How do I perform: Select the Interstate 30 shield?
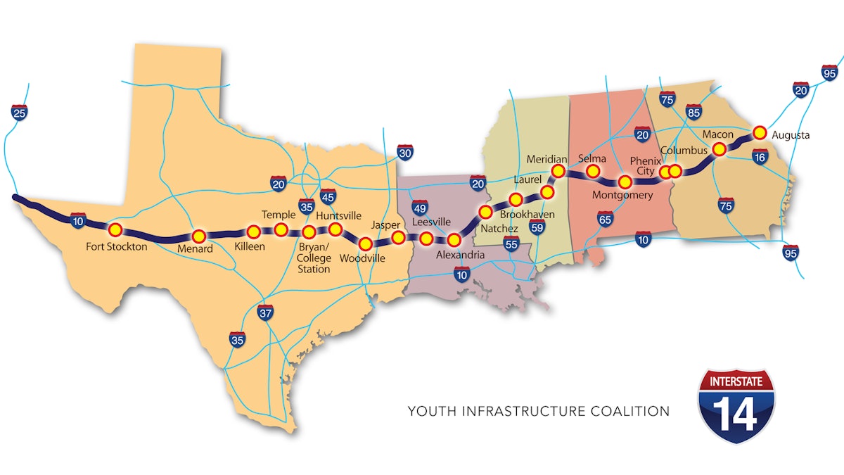(x=404, y=153)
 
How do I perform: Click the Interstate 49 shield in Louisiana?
(x=419, y=208)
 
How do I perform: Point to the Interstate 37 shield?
(x=265, y=312)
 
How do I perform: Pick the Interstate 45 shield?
(x=328, y=197)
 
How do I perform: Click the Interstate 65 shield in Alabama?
(x=604, y=220)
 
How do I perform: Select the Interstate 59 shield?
(x=537, y=227)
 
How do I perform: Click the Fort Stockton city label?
(x=117, y=246)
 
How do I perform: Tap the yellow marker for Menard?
(x=199, y=236)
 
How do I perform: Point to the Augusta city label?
(x=790, y=135)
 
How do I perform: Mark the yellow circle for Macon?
(x=720, y=149)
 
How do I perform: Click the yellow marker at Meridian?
(x=558, y=171)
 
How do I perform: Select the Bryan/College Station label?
(x=314, y=258)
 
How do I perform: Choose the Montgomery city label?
(x=622, y=195)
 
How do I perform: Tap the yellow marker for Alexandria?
(x=454, y=240)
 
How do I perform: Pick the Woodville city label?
(x=362, y=258)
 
